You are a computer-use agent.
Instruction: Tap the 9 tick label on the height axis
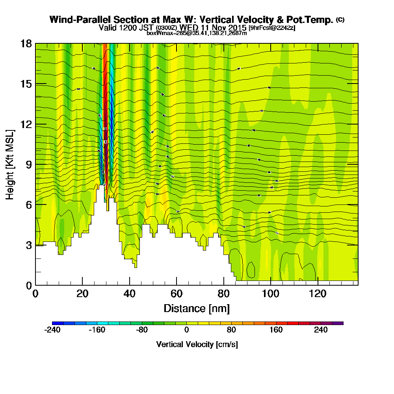point(28,164)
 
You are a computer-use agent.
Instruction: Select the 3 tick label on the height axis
point(28,245)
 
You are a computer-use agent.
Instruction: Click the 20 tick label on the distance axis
point(82,294)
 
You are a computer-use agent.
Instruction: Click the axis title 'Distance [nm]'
point(197,308)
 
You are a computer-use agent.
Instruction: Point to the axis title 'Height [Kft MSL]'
point(10,164)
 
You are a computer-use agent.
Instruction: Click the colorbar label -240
point(52,330)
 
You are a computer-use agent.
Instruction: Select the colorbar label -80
point(142,330)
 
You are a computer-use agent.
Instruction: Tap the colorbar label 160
point(276,330)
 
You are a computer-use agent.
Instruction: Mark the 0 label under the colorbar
point(186,330)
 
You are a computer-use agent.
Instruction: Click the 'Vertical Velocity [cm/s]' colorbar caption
point(197,344)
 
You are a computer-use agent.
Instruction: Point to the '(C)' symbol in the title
point(340,20)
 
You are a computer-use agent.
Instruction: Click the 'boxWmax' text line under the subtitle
point(197,33)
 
